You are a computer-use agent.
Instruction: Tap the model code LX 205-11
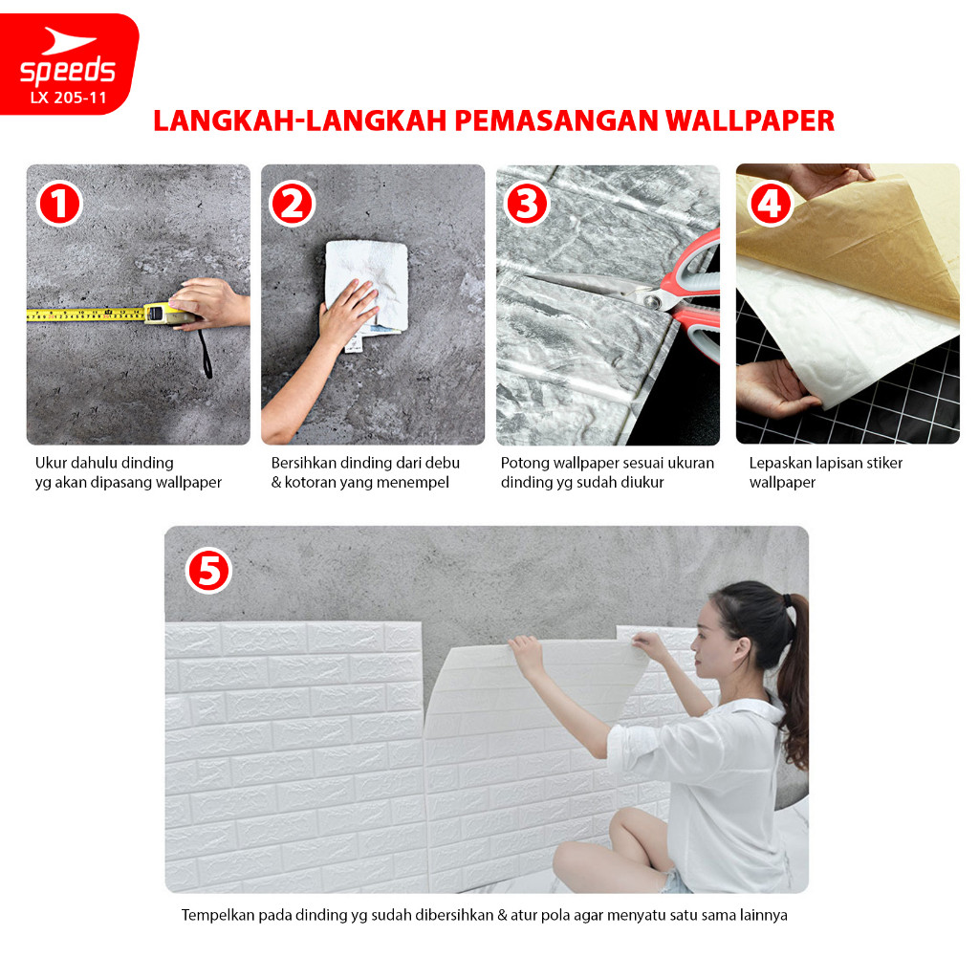pos(68,98)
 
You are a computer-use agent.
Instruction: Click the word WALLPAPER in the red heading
pos(750,120)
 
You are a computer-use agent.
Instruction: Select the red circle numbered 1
pos(59,204)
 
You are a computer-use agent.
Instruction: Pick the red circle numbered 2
pos(292,204)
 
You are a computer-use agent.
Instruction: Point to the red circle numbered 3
pos(527,204)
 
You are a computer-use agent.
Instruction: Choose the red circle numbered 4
pos(772,204)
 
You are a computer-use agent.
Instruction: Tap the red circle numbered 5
pos(208,571)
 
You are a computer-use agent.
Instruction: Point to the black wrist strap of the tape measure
pos(206,354)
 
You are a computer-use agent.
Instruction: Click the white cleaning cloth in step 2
pos(367,286)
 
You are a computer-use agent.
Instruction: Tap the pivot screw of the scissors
pos(654,302)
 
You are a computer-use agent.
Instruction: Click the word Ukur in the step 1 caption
pos(51,463)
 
